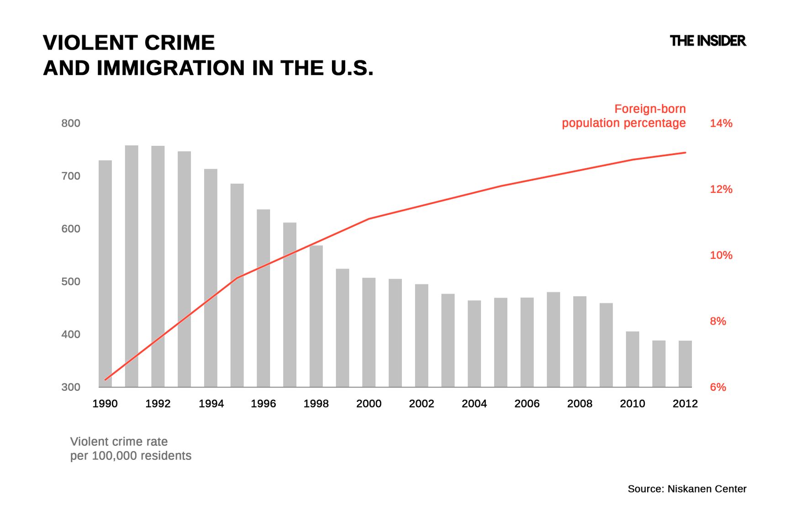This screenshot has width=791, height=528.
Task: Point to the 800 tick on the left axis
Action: click(x=71, y=123)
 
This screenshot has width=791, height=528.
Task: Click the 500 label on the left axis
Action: click(x=71, y=282)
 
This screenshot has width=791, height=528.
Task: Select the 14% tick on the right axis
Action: click(x=721, y=123)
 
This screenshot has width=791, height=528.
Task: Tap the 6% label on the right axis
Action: click(x=717, y=387)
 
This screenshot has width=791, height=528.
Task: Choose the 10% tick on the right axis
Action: click(x=721, y=255)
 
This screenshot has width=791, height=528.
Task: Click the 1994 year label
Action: click(x=211, y=404)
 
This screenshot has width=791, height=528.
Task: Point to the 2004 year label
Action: click(x=474, y=404)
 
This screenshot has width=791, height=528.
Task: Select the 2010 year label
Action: click(x=632, y=404)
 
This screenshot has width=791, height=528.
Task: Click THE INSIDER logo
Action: click(x=707, y=41)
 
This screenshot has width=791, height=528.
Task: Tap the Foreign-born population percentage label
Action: click(x=624, y=116)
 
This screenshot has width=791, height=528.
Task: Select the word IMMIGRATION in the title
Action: click(x=171, y=68)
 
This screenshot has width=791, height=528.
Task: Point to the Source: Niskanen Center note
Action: click(x=686, y=489)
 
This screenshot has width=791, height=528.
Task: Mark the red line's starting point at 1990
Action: click(x=105, y=379)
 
